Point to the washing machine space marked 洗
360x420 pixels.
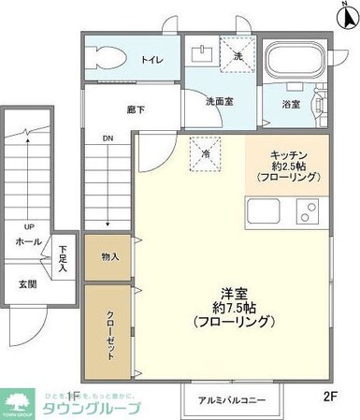226,55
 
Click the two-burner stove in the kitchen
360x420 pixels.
309,212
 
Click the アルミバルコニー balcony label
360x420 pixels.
230,401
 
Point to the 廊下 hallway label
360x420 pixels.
137,109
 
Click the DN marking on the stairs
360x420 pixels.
108,142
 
